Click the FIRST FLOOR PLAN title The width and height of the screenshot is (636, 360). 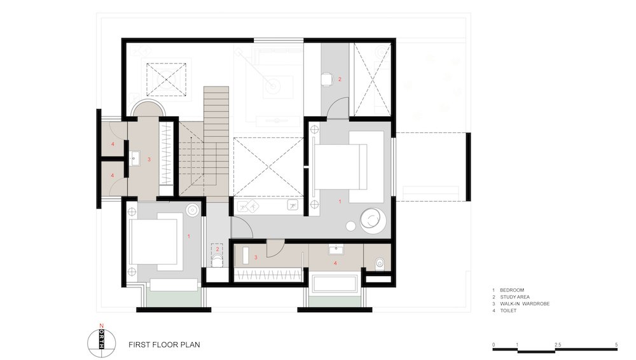pos(164,345)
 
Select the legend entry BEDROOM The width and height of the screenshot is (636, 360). pos(512,290)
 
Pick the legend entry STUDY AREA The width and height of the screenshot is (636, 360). pos(515,297)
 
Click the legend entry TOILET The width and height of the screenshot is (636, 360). pos(508,310)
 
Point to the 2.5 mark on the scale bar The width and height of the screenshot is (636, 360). pos(558,345)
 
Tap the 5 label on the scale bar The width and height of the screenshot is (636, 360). pos(616,345)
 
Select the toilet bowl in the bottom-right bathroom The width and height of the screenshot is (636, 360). pos(379,263)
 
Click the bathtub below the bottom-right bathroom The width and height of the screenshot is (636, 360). pos(335,283)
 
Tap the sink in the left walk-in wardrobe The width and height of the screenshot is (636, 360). pos(135,158)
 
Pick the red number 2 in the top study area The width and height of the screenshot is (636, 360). pos(340,79)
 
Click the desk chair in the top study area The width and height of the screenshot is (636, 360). pos(326,79)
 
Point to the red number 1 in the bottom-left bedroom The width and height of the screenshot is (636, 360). pos(189,236)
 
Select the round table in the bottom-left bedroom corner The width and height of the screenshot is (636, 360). pos(192,209)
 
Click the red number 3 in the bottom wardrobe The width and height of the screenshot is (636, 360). pos(256,258)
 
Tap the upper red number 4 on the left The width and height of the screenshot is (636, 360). pos(113,144)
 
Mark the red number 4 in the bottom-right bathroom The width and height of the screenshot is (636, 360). pos(335,263)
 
